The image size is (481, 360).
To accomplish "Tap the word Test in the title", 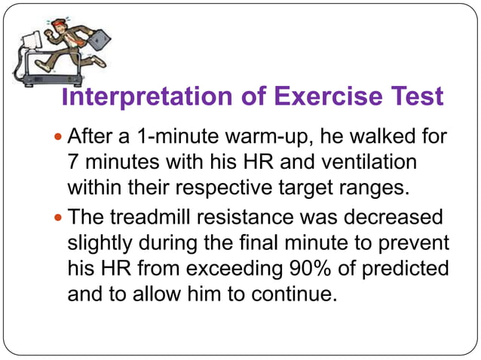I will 415,98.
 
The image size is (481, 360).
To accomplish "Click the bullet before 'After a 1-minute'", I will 60,138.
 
